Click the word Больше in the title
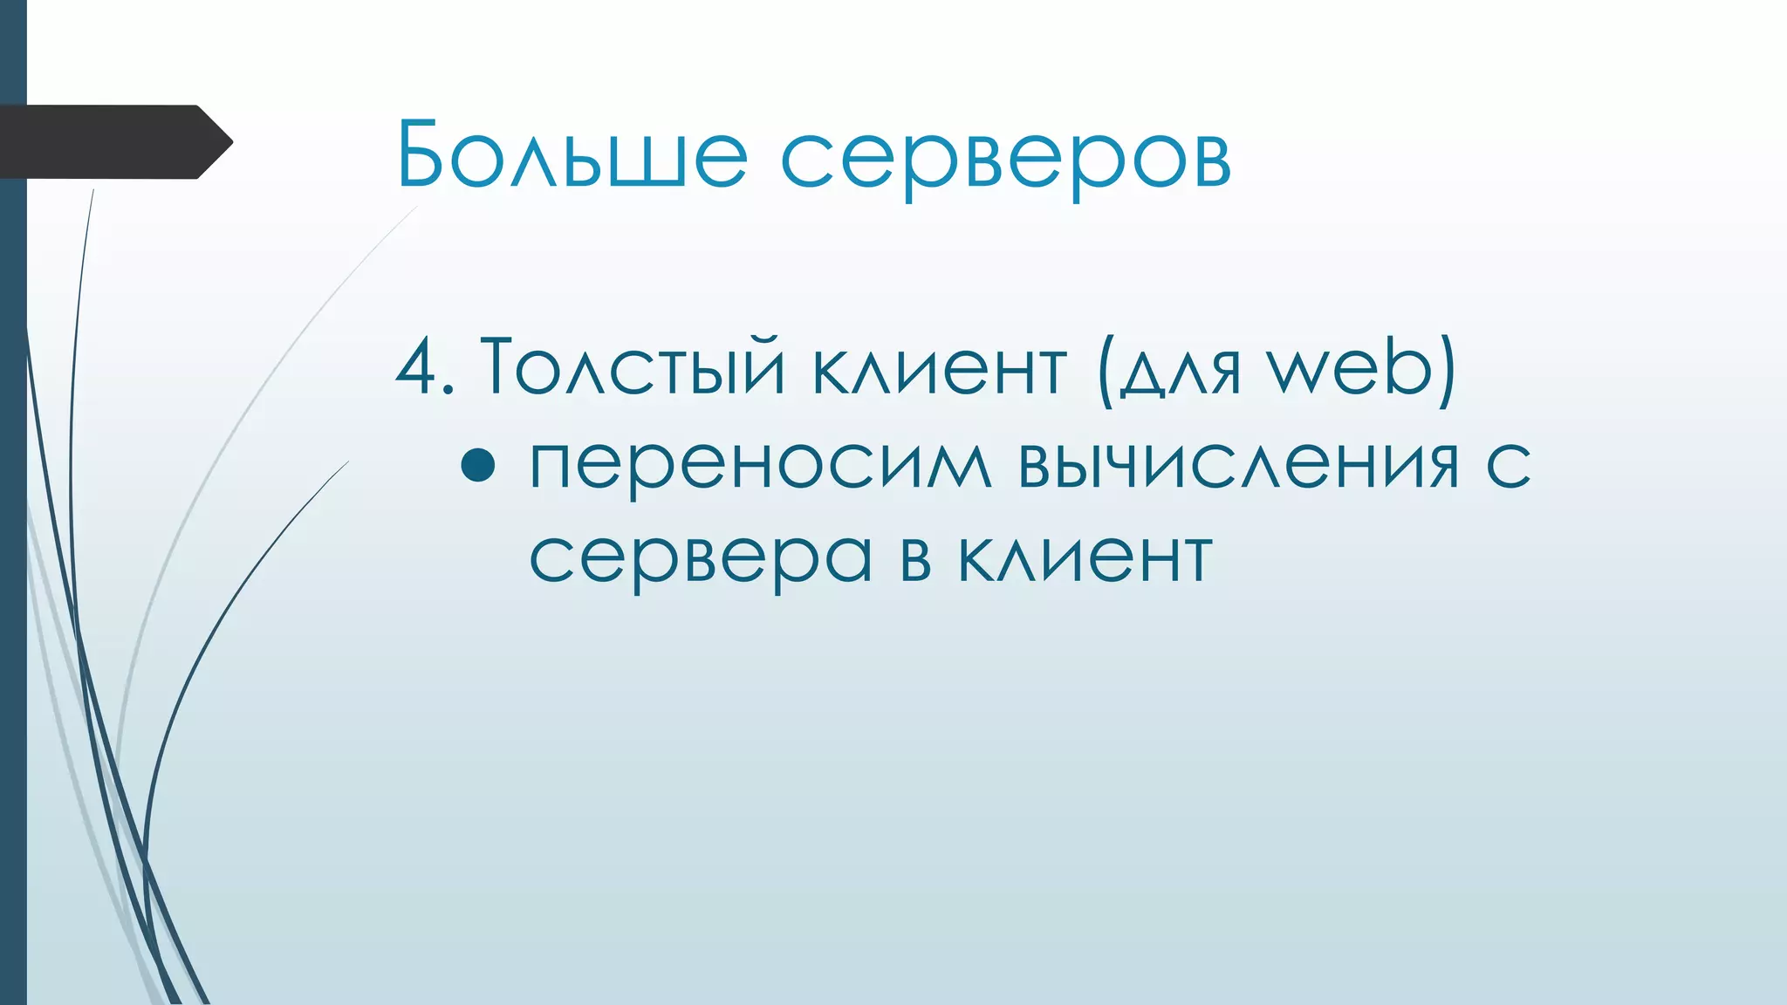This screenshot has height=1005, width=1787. click(572, 155)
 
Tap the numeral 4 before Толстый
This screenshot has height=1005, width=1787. click(417, 367)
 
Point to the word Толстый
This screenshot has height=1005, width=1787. click(633, 367)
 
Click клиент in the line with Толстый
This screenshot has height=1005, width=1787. click(939, 367)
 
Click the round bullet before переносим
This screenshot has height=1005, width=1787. click(478, 465)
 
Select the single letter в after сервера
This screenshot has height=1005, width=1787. click(915, 558)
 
